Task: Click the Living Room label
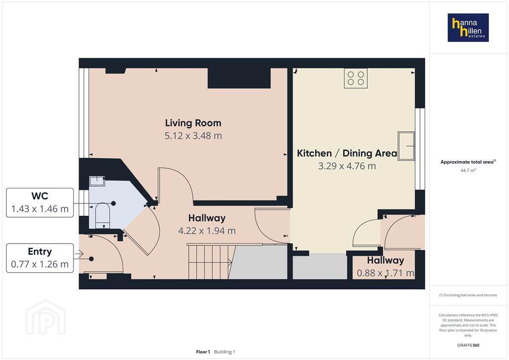[x=193, y=123]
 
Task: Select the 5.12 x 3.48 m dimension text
[x=193, y=136]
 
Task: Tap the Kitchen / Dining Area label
[x=347, y=153]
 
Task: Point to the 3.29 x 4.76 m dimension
[x=347, y=166]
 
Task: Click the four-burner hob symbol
[x=356, y=78]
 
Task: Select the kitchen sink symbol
[x=407, y=146]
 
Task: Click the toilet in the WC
[x=102, y=215]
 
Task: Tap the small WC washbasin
[x=97, y=181]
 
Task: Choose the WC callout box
[x=40, y=202]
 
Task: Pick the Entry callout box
[x=40, y=258]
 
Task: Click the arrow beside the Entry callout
[x=79, y=254]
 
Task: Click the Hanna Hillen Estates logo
[x=468, y=27]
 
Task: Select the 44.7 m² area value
[x=468, y=171]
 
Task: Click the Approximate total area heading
[x=468, y=162]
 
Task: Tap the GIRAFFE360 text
[x=468, y=345]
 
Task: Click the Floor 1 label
[x=203, y=352]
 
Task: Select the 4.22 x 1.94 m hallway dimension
[x=207, y=231]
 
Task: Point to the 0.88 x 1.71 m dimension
[x=385, y=273]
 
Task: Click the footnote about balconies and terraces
[x=468, y=295]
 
